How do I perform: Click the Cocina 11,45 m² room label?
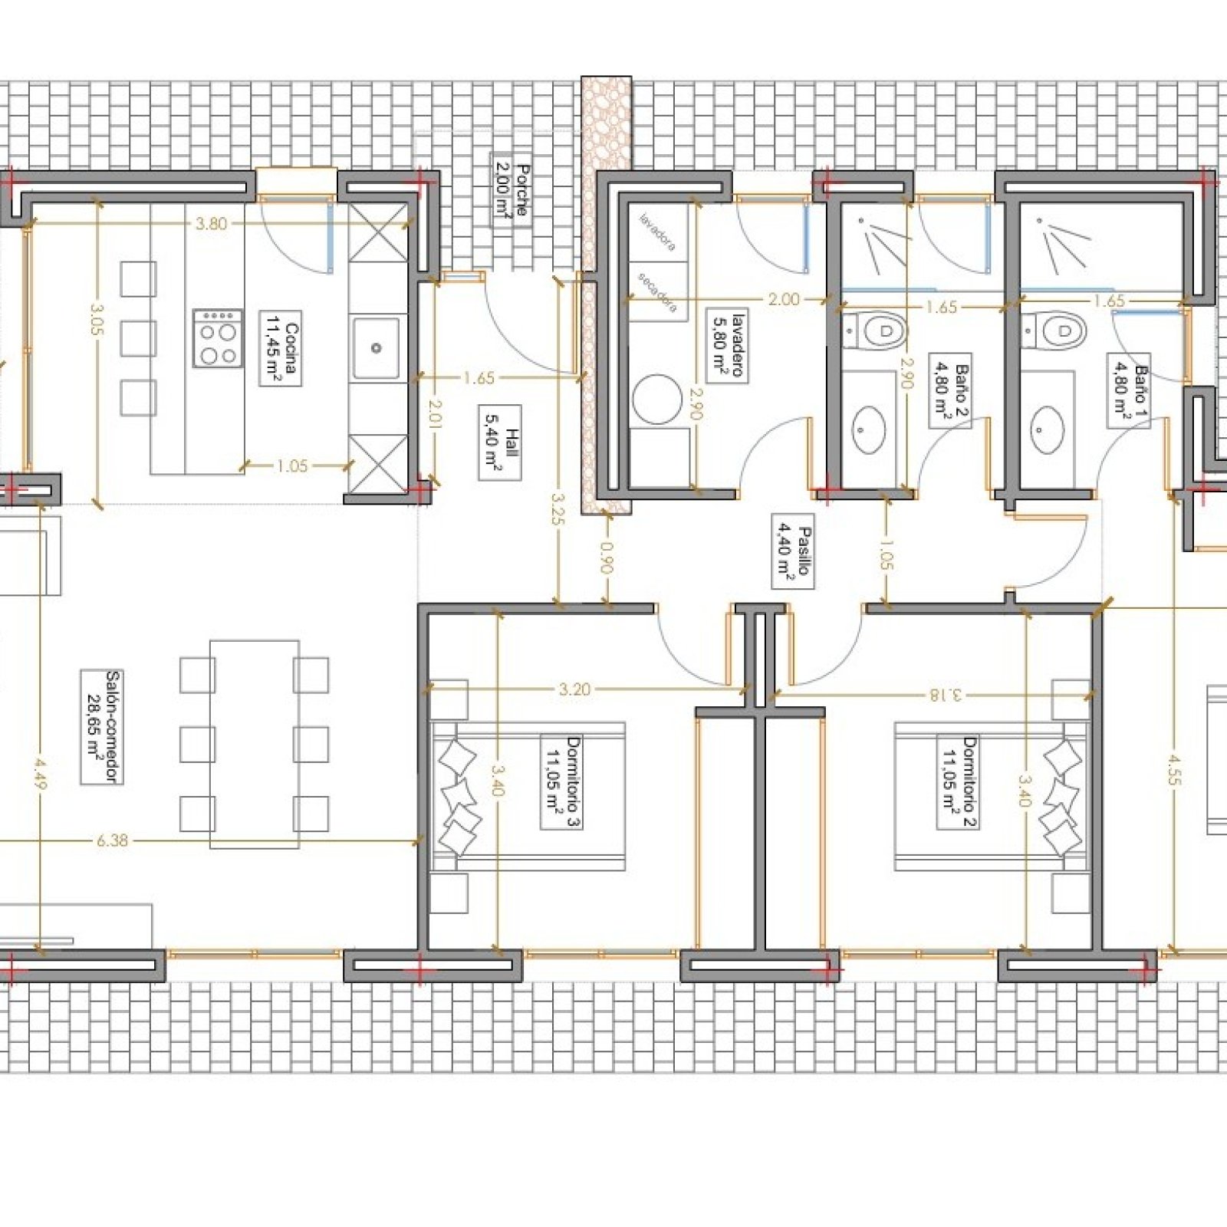pyautogui.click(x=281, y=348)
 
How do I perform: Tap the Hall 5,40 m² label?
pyautogui.click(x=499, y=442)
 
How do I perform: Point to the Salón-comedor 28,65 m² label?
pyautogui.click(x=102, y=727)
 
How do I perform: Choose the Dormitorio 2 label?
pyautogui.click(x=959, y=782)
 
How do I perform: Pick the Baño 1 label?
pyautogui.click(x=1130, y=390)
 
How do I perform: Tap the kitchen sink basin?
pyautogui.click(x=376, y=348)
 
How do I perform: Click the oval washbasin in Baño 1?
pyautogui.click(x=1049, y=429)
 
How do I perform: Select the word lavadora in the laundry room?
pyautogui.click(x=659, y=232)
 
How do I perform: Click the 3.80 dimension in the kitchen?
pyautogui.click(x=212, y=224)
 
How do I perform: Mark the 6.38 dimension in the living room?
pyautogui.click(x=112, y=840)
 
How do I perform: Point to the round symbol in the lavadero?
pyautogui.click(x=658, y=399)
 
